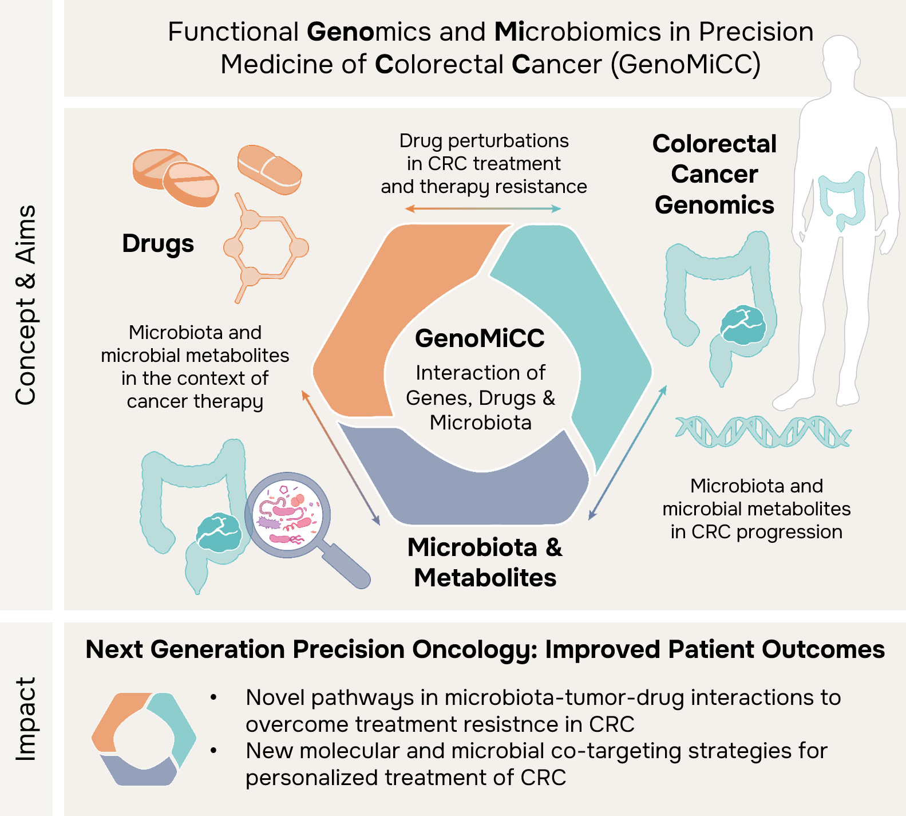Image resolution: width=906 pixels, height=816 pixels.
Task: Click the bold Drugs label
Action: tap(158, 244)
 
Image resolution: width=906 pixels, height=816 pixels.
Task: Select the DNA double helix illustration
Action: tap(763, 431)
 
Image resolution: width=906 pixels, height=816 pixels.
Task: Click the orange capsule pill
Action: tap(270, 169)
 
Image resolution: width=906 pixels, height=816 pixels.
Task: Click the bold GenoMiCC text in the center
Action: tap(480, 338)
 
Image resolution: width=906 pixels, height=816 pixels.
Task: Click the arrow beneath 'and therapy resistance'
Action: tap(483, 209)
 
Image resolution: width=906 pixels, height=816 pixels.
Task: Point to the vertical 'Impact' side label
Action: tap(26, 719)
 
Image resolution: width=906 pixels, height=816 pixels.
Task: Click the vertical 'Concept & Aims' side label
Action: tap(26, 305)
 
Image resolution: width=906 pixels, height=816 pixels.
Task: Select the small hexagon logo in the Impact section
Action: tap(144, 739)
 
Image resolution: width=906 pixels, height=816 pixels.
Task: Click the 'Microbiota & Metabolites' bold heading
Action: tap(485, 562)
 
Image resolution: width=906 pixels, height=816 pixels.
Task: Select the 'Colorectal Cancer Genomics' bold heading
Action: tap(715, 174)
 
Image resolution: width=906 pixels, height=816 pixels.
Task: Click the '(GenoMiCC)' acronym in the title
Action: tap(686, 64)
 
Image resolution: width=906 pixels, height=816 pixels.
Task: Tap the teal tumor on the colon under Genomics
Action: tap(743, 325)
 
